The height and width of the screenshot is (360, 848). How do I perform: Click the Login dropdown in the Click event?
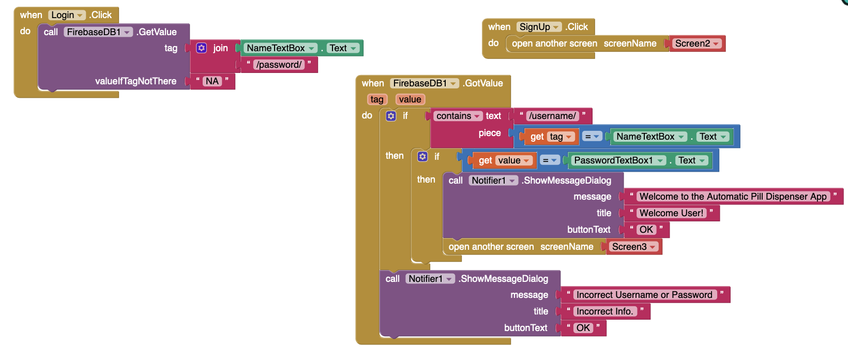(67, 15)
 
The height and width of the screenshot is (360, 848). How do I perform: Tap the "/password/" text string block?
(279, 65)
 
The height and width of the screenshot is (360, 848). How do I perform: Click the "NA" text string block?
(212, 81)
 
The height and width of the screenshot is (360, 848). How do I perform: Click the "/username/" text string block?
(552, 116)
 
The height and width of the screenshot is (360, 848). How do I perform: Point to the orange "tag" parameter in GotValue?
(377, 99)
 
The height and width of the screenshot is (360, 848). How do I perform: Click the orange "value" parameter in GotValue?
(410, 99)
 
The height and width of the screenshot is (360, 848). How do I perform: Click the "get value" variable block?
(504, 160)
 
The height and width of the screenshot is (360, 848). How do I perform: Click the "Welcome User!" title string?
(671, 213)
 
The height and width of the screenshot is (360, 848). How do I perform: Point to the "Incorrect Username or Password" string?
(644, 295)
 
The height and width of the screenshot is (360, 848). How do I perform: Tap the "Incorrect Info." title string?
(604, 311)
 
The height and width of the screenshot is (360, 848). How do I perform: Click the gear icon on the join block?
(202, 48)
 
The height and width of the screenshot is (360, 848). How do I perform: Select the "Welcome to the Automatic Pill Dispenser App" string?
(733, 197)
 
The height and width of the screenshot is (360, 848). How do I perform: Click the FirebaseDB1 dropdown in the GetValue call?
(98, 32)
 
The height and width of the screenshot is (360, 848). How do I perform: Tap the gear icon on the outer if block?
(391, 116)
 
